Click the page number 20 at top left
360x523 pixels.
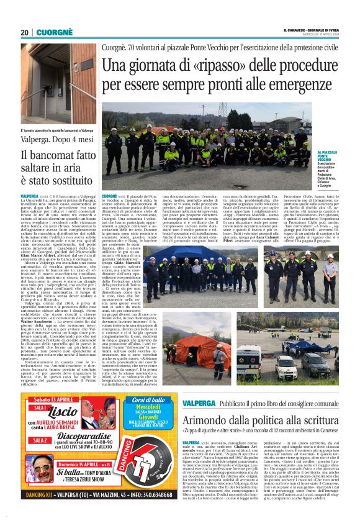point(25,33)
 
